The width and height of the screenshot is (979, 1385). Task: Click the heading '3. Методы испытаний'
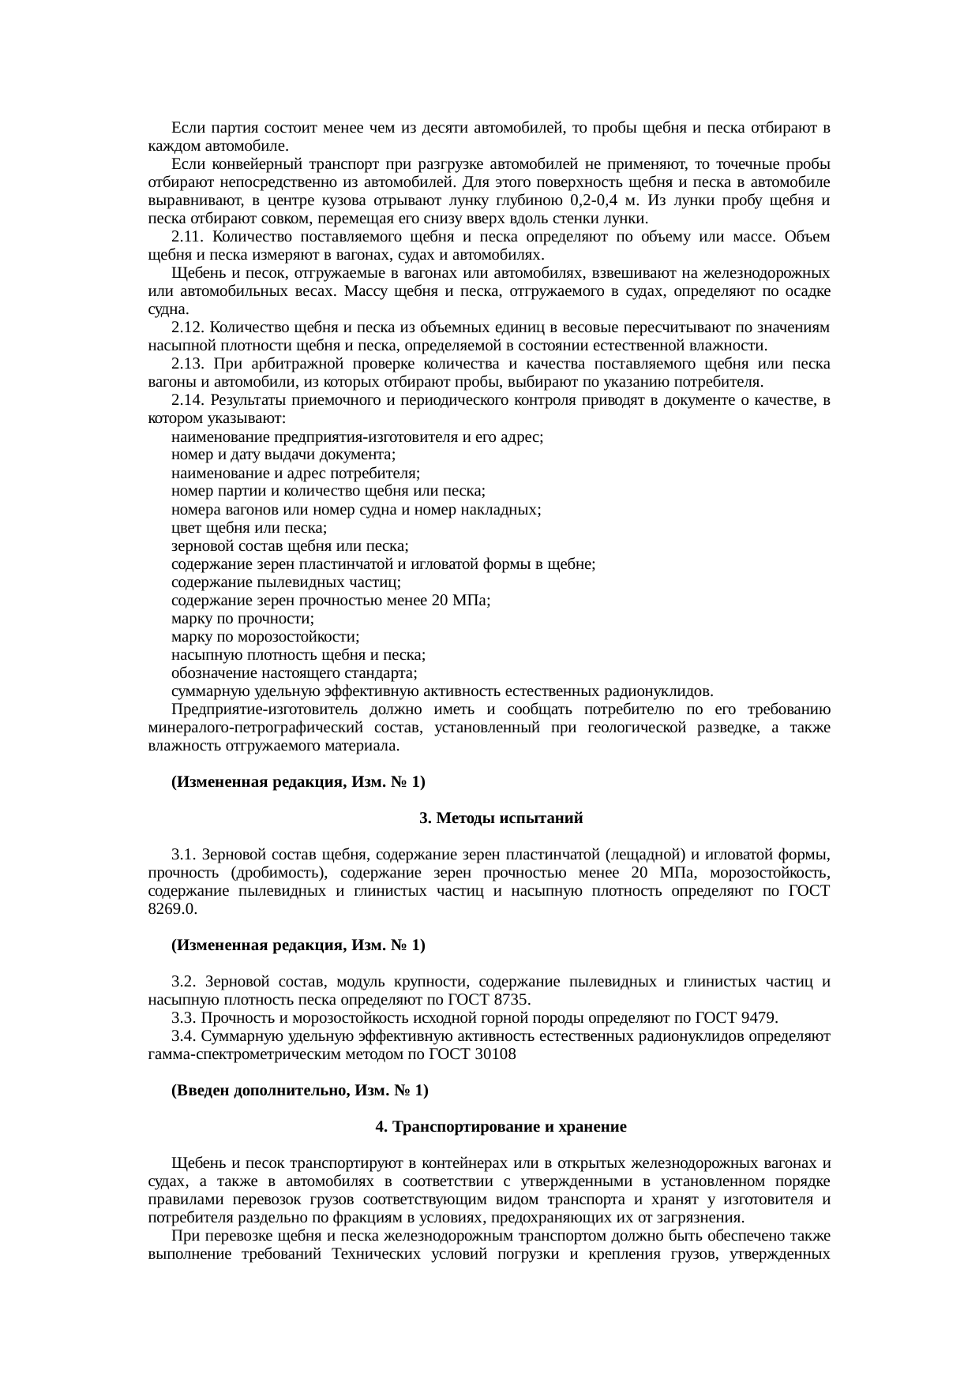(x=501, y=818)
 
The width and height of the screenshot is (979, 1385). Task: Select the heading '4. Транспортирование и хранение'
(x=501, y=1127)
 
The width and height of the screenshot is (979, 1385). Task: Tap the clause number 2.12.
(x=189, y=328)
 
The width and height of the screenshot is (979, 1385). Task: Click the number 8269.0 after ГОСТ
(x=172, y=908)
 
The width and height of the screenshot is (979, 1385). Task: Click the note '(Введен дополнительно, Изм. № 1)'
(x=300, y=1091)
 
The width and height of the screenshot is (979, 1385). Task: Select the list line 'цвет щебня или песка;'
(x=249, y=528)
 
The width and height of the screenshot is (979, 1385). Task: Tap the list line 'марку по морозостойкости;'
(x=265, y=637)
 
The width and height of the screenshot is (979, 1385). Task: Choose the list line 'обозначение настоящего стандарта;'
(x=294, y=673)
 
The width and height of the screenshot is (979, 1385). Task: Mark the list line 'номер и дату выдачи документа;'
(x=283, y=455)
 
